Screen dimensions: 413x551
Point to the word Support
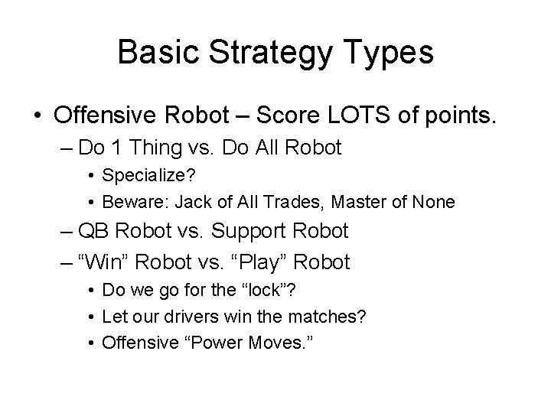256,230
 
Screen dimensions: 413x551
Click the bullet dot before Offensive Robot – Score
37,117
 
